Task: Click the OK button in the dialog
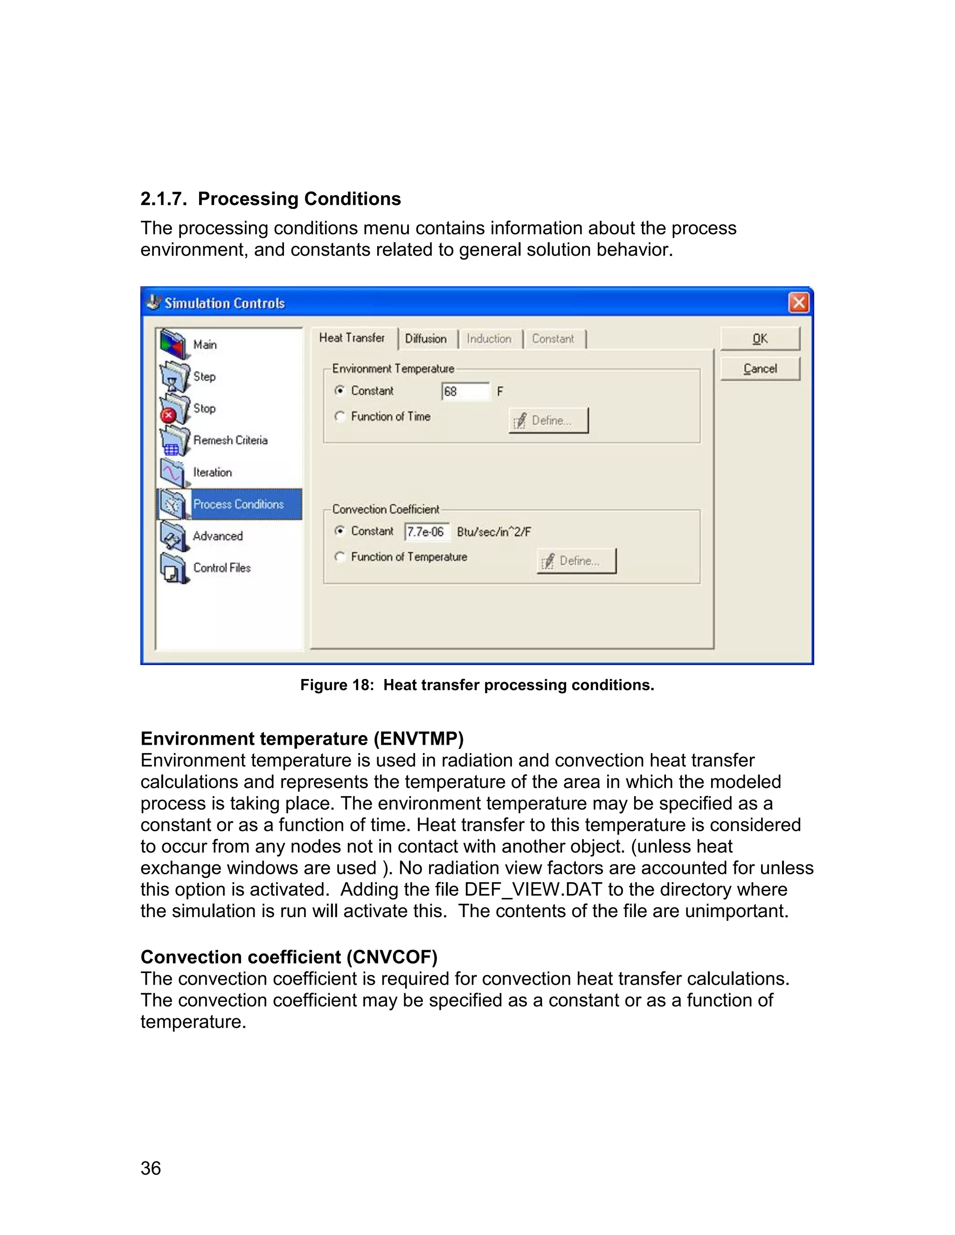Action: click(759, 339)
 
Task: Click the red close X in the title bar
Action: click(798, 302)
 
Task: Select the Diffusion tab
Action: click(425, 339)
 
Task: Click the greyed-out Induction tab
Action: click(489, 339)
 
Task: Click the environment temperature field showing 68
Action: click(464, 391)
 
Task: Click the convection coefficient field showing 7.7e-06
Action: click(426, 532)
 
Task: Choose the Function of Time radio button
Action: click(339, 416)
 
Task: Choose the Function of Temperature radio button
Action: click(339, 557)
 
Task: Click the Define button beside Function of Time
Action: click(548, 420)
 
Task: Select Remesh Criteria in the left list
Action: click(230, 440)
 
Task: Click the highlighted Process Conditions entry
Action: click(238, 504)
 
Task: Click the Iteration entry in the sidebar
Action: click(212, 472)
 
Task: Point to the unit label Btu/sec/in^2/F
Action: click(493, 532)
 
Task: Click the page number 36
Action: click(151, 1168)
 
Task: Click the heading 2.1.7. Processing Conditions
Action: click(270, 199)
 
